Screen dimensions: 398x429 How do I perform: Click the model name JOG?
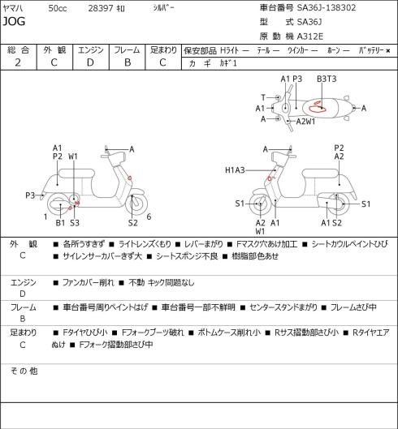pyautogui.click(x=14, y=21)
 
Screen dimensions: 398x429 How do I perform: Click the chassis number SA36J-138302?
pyautogui.click(x=327, y=7)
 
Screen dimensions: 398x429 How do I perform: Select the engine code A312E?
pyautogui.click(x=310, y=36)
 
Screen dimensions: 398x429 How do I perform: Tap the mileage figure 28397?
pyautogui.click(x=101, y=8)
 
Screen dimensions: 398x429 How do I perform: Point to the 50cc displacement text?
pyautogui.click(x=58, y=8)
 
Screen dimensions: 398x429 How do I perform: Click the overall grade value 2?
pyautogui.click(x=18, y=62)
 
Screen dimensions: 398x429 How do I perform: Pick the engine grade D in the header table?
pyautogui.click(x=90, y=62)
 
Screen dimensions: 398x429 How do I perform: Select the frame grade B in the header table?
pyautogui.click(x=128, y=62)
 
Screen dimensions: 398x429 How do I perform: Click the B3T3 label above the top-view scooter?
pyautogui.click(x=327, y=79)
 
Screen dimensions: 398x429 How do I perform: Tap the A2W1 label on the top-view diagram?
pyautogui.click(x=305, y=121)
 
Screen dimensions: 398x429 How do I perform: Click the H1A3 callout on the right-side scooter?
pyautogui.click(x=235, y=170)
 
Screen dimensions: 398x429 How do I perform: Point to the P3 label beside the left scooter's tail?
pyautogui.click(x=30, y=195)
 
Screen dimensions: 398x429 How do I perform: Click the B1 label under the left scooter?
pyautogui.click(x=60, y=223)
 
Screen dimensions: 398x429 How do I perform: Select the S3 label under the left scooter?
pyautogui.click(x=75, y=223)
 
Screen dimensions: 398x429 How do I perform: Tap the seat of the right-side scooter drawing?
pyautogui.click(x=320, y=174)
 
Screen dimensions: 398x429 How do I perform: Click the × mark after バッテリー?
pyautogui.click(x=388, y=50)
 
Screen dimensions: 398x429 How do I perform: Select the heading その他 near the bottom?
pyautogui.click(x=24, y=371)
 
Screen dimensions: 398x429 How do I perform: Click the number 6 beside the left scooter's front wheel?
pyautogui.click(x=149, y=217)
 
